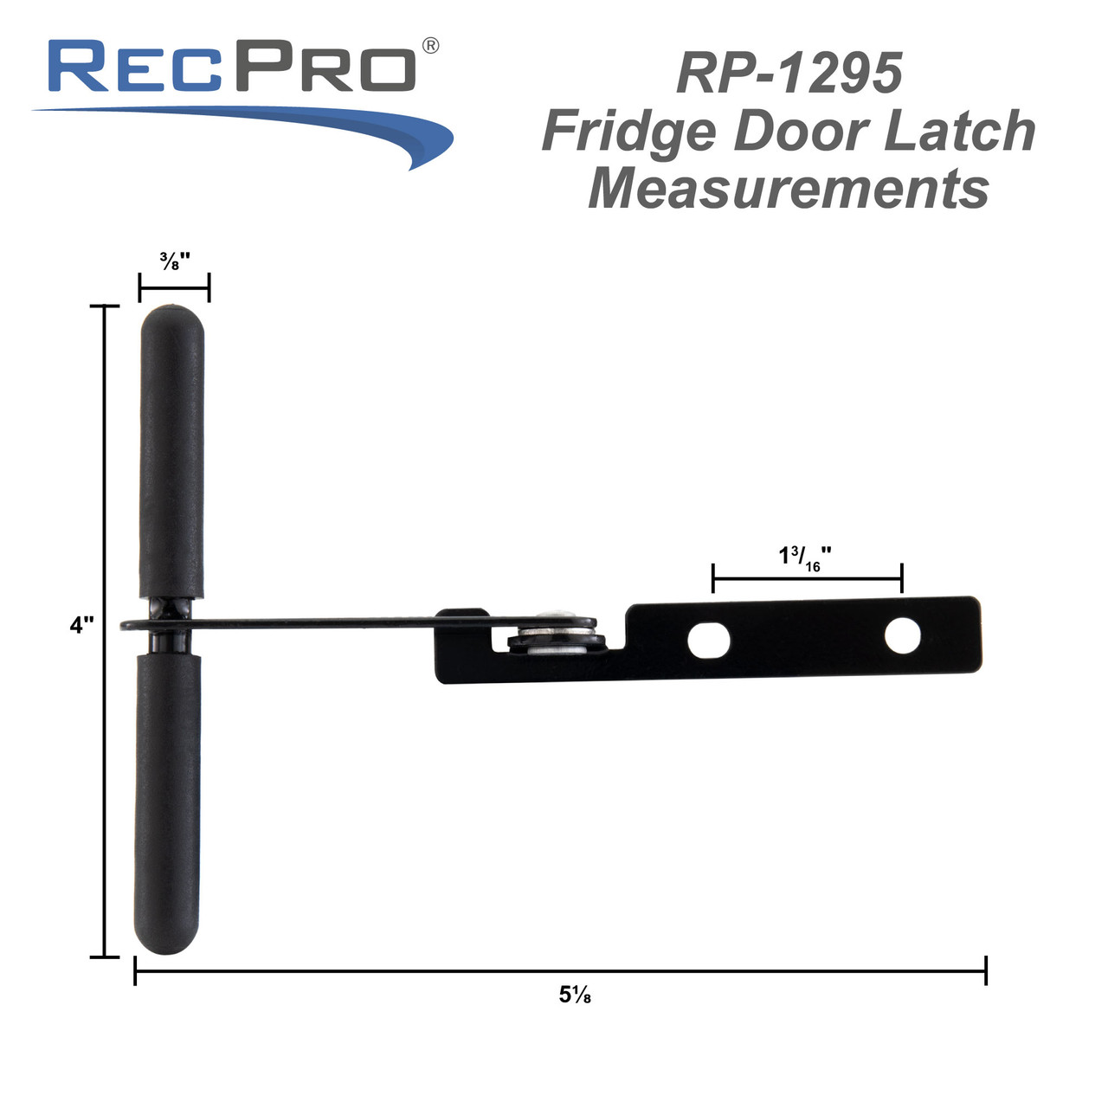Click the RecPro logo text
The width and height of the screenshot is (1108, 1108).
point(232,67)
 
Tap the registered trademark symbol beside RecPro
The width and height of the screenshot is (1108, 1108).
point(429,46)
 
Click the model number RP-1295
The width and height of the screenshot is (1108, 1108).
point(789,73)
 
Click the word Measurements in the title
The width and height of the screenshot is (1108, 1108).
point(789,188)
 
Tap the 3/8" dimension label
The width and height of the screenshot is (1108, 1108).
point(174,261)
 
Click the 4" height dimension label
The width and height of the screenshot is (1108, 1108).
point(81,625)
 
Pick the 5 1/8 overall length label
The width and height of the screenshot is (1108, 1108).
point(575,995)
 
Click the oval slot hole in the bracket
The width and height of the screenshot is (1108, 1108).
point(708,641)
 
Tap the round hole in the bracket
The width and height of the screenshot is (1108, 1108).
point(902,636)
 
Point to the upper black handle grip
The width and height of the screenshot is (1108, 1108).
point(172,450)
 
